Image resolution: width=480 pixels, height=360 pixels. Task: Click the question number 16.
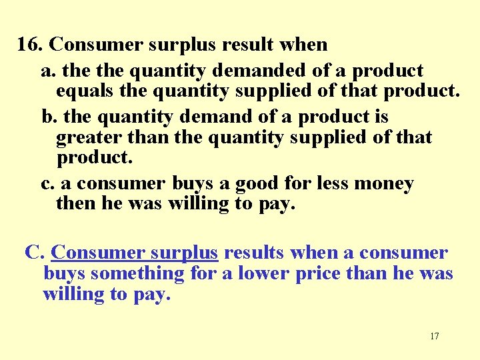click(x=30, y=45)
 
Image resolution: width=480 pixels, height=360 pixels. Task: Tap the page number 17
click(x=435, y=336)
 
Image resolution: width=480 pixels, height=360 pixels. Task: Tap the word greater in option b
click(x=89, y=138)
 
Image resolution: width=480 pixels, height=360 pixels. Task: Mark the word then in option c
click(x=76, y=203)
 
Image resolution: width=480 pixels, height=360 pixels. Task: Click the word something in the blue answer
click(x=137, y=273)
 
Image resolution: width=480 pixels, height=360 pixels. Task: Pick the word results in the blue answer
click(x=254, y=253)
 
